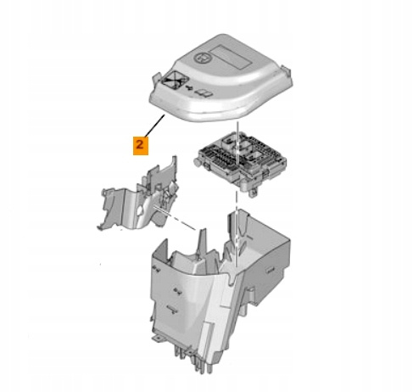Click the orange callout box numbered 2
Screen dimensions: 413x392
point(141,145)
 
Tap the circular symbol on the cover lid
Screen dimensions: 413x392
point(203,58)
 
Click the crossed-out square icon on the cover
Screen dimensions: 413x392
point(176,80)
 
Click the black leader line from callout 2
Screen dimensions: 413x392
point(154,126)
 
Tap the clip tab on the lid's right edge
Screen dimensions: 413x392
point(287,70)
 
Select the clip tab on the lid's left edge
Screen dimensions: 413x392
point(156,78)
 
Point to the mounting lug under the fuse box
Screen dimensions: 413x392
point(253,192)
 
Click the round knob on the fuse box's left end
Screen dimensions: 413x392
point(198,163)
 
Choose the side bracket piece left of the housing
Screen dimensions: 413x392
point(137,194)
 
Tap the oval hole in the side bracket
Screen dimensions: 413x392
point(140,210)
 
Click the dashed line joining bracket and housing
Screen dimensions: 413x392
point(176,218)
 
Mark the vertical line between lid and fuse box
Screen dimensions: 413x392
point(237,143)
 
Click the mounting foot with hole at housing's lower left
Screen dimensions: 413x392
point(158,338)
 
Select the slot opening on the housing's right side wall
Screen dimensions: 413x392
point(270,271)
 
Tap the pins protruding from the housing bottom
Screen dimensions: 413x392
point(193,359)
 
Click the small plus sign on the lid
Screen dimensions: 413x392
point(189,88)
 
